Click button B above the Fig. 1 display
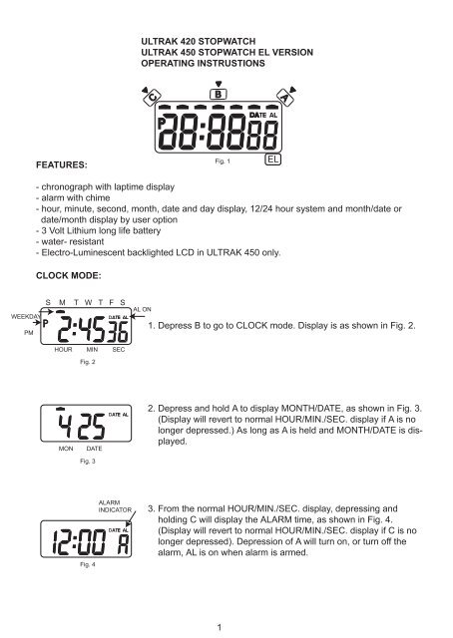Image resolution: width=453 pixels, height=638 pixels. click(x=219, y=94)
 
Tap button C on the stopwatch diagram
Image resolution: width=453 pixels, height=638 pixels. click(x=153, y=98)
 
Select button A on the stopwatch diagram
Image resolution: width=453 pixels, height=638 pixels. click(x=285, y=98)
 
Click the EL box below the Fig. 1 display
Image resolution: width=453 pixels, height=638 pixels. click(x=273, y=159)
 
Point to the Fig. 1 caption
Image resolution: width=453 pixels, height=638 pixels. click(x=223, y=161)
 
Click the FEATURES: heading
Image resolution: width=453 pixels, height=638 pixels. click(x=62, y=164)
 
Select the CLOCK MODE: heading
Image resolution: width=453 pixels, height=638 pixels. click(x=69, y=275)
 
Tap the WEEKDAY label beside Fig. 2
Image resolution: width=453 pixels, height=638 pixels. click(x=26, y=317)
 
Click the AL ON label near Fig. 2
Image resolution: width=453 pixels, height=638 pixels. click(x=142, y=309)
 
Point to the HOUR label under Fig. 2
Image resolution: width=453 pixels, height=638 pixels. click(x=63, y=350)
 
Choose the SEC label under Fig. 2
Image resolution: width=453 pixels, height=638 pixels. click(x=119, y=350)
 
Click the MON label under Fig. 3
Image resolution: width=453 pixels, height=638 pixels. click(x=66, y=449)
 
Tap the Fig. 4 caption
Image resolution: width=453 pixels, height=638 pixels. click(x=88, y=564)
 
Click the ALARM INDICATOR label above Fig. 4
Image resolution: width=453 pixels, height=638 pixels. click(x=115, y=506)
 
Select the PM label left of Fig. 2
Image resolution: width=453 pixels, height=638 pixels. click(x=29, y=333)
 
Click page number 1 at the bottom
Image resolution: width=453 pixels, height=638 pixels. click(x=220, y=627)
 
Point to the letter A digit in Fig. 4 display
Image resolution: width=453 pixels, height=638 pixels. click(x=124, y=544)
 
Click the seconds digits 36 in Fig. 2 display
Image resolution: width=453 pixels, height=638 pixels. click(x=119, y=332)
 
